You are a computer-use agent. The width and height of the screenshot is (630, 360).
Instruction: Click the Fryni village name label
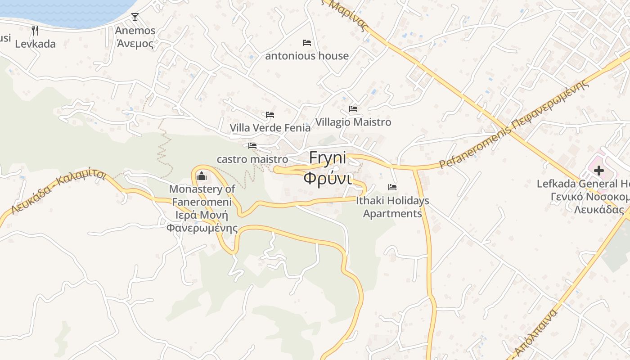pos(328,158)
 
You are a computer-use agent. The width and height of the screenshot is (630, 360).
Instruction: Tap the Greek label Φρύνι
pos(327,178)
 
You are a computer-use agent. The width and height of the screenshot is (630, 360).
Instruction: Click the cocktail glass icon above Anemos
pos(135,17)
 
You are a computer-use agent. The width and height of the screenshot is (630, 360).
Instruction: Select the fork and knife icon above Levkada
pos(35,31)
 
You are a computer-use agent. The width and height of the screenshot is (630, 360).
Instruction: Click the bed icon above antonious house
pos(307,43)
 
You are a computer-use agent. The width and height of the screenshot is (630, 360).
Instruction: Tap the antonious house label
pos(307,56)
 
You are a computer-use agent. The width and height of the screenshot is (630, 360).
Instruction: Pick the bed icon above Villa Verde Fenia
pos(270,115)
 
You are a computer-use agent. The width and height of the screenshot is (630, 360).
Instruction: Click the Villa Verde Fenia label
pos(270,128)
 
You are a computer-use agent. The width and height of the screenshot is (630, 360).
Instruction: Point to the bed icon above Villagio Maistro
pos(353,109)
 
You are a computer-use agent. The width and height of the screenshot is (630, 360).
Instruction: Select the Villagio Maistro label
pos(353,122)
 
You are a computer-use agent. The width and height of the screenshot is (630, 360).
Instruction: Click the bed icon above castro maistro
pos(252,146)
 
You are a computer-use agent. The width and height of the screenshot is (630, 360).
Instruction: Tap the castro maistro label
pos(252,159)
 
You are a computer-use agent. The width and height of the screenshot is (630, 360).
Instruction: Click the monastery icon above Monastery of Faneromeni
pos(202,175)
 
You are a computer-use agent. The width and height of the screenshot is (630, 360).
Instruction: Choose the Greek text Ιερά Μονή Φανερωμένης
pos(202,221)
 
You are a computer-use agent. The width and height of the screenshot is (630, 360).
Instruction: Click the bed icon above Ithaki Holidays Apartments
pos(392,187)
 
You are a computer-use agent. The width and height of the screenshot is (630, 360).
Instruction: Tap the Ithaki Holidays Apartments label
pos(392,207)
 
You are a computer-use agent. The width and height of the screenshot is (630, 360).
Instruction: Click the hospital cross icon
pos(598,171)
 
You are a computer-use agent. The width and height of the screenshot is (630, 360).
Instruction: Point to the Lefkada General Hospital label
pos(583,184)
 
